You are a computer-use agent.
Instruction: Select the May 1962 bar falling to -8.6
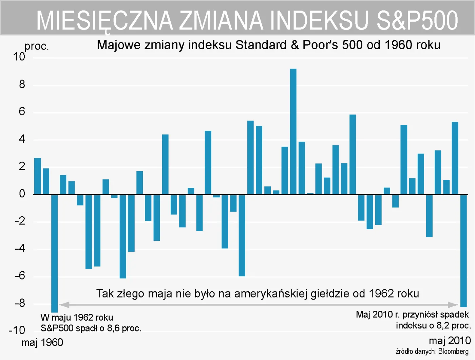coord(54,253)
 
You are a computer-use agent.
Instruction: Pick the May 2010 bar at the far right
coord(463,250)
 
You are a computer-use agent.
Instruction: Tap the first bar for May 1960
coord(37,176)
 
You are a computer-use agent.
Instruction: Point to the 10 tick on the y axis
coord(19,57)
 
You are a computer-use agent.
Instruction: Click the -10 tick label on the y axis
coord(17,330)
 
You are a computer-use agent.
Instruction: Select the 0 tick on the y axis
coord(22,194)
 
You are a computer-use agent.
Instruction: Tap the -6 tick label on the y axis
coord(20,275)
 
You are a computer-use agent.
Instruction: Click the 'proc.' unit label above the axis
coord(37,46)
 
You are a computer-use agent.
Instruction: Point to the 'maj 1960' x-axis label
coord(42,342)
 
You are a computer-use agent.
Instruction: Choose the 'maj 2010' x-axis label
coord(450,340)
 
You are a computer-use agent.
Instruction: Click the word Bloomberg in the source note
coord(453,352)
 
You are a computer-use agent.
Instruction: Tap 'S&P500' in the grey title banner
coord(417,20)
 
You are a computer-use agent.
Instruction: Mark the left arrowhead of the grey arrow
coord(64,305)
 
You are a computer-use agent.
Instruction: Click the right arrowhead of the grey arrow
coord(453,305)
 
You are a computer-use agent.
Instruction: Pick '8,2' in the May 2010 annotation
coord(442,326)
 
